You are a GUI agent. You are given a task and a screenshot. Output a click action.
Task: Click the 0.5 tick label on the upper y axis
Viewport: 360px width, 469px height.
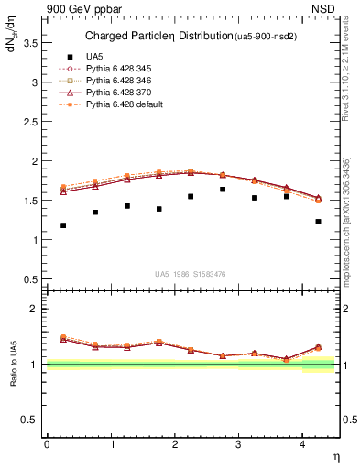tap(34, 279)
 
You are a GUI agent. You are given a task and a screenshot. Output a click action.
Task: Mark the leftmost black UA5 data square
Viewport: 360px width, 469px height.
tap(63, 225)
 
